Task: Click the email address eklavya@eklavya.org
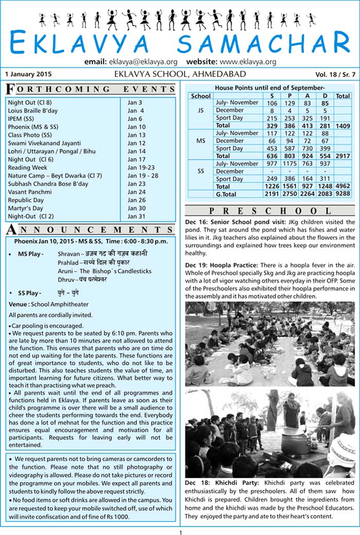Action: click(143, 62)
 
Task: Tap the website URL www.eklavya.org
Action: click(248, 62)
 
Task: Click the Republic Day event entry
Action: click(26, 200)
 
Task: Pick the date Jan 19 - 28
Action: click(140, 176)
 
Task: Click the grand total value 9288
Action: click(342, 194)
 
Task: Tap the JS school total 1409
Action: click(342, 125)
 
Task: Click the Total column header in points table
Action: click(342, 96)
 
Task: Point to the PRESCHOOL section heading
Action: click(269, 211)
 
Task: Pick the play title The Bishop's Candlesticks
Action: click(115, 271)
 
